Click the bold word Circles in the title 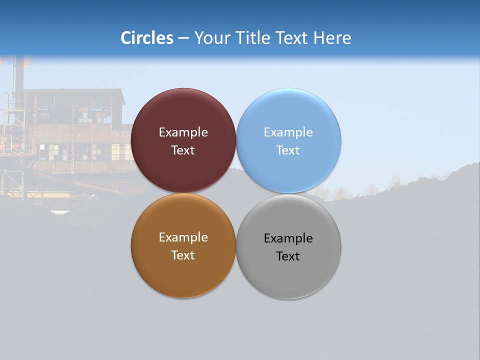click(x=147, y=38)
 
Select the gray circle click(x=288, y=275)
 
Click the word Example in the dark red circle click(x=183, y=132)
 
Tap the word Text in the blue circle click(x=288, y=150)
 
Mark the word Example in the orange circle click(x=183, y=237)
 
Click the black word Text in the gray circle click(x=288, y=256)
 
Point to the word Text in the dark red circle click(x=183, y=150)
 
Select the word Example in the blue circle click(x=288, y=132)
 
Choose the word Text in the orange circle click(x=183, y=255)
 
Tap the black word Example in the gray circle click(x=288, y=238)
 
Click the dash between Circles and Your click(x=183, y=38)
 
